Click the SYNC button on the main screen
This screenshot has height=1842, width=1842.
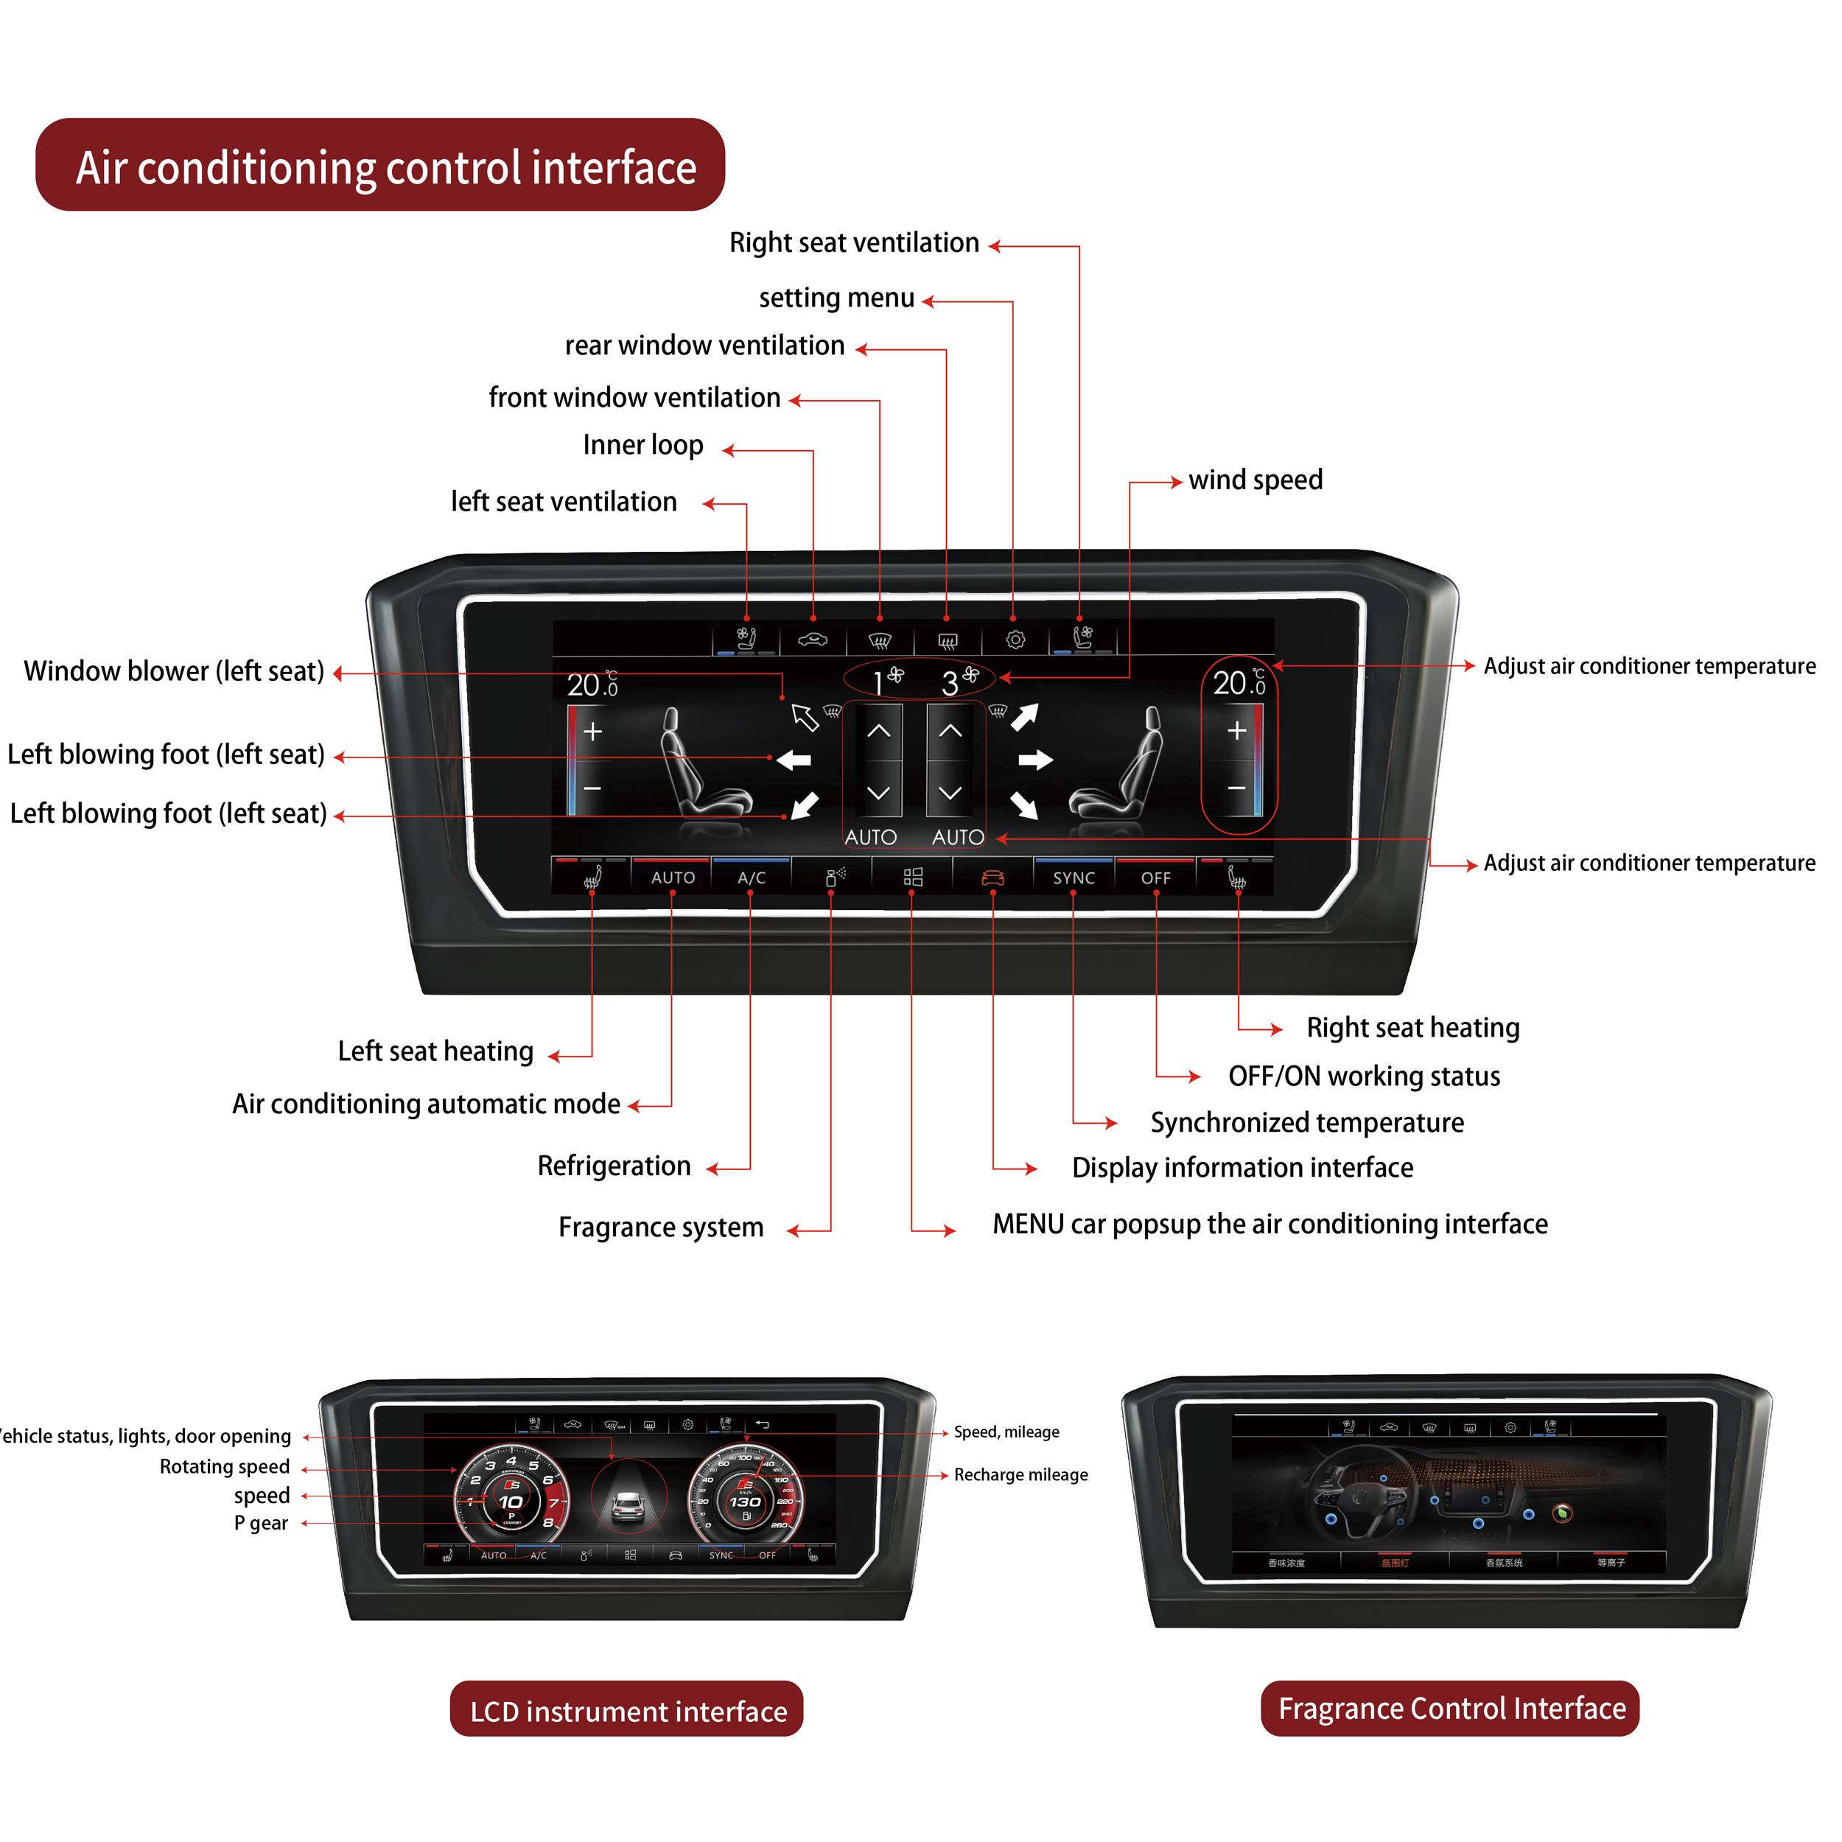(x=1073, y=877)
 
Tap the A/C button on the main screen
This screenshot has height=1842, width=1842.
(x=752, y=877)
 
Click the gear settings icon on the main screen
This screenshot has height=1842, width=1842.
(x=1015, y=640)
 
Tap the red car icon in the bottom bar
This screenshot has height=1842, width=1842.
(x=992, y=877)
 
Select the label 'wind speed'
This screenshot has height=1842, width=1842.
(x=1255, y=480)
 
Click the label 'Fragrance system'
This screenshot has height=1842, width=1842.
(x=661, y=1227)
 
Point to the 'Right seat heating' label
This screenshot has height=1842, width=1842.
(x=1412, y=1028)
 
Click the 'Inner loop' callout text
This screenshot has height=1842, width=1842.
(x=642, y=445)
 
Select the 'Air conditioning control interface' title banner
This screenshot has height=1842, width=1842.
(x=380, y=166)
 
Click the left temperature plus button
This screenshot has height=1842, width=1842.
(x=592, y=731)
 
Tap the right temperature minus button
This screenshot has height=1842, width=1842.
(x=1236, y=788)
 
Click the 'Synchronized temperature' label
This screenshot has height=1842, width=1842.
(x=1306, y=1122)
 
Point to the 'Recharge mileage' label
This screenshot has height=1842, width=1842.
(x=1020, y=1475)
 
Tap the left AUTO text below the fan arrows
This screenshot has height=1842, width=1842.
(x=870, y=837)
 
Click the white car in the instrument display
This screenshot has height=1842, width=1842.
(x=627, y=1507)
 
